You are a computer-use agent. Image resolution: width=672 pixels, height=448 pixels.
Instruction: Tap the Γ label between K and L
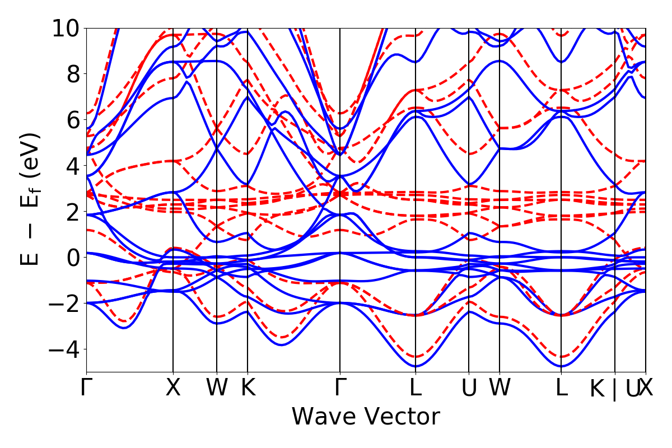tap(340, 388)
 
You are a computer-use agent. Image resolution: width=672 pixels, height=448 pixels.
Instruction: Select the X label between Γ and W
tap(173, 388)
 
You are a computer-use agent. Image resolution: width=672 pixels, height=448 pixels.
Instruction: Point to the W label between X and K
tap(217, 388)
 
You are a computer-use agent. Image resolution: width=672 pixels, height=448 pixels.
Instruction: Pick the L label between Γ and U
tap(415, 388)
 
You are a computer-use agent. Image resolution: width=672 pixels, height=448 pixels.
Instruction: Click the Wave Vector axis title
tap(366, 417)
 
